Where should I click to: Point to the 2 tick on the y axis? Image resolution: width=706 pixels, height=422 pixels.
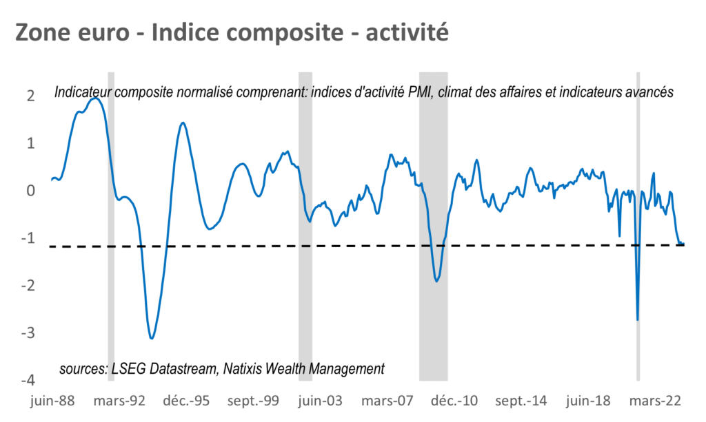coord(30,96)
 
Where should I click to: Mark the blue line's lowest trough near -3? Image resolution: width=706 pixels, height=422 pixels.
coord(152,338)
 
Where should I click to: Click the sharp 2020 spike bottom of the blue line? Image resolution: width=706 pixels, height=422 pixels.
coord(637,319)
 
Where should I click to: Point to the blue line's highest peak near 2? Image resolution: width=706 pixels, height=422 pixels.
coord(97,98)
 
